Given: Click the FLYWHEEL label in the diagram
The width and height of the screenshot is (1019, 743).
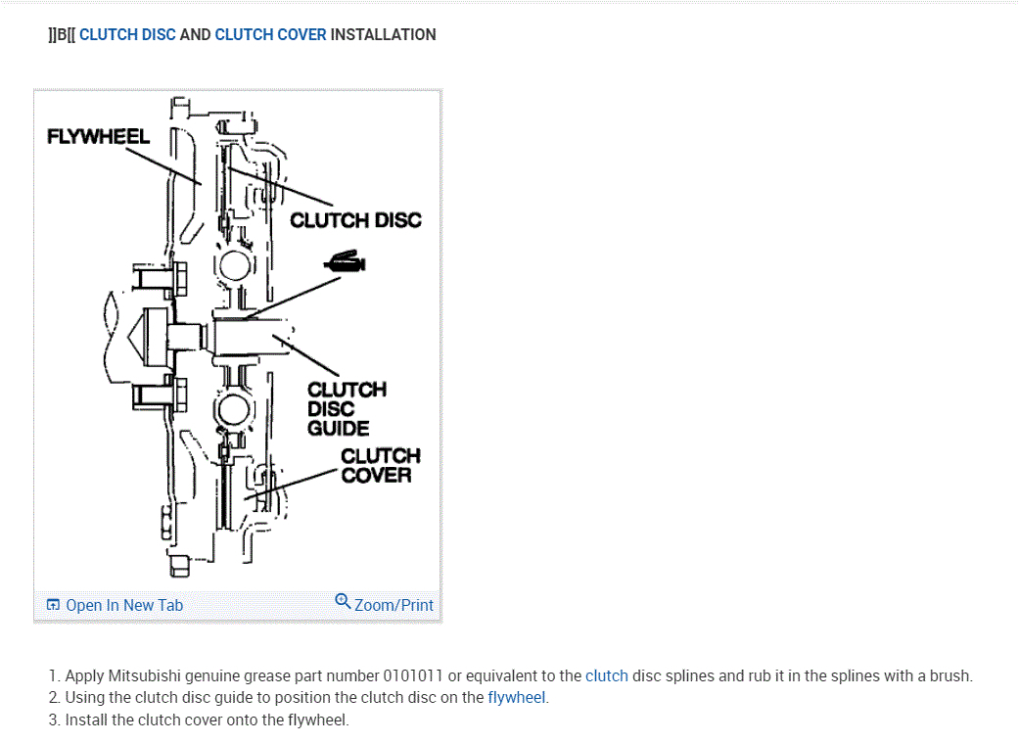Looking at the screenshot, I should [x=98, y=136].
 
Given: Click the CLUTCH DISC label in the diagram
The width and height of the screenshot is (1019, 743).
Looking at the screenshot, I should [x=355, y=220].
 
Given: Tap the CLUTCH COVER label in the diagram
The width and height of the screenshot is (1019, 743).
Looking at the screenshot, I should [x=380, y=465].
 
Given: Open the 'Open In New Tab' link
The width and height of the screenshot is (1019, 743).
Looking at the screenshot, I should [x=123, y=605].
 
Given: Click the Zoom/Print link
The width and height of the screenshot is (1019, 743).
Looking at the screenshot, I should [x=394, y=605].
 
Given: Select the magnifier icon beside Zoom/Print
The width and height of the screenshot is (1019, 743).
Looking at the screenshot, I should [x=343, y=600].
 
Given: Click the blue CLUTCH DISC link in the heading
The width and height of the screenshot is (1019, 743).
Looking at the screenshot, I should [x=127, y=34].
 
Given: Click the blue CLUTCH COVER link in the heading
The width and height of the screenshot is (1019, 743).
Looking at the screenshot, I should [x=270, y=34].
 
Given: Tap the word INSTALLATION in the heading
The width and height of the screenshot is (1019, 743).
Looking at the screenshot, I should [x=383, y=34].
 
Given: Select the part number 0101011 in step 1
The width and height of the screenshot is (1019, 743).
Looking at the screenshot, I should [x=413, y=675].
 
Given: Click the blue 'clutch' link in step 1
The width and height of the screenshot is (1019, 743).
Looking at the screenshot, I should [x=606, y=675].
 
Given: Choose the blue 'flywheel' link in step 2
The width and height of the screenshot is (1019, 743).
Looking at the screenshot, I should [x=516, y=698].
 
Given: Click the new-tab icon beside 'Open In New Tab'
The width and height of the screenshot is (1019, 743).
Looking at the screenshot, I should [x=54, y=605].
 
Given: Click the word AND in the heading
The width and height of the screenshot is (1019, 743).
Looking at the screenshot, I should [x=195, y=34].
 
